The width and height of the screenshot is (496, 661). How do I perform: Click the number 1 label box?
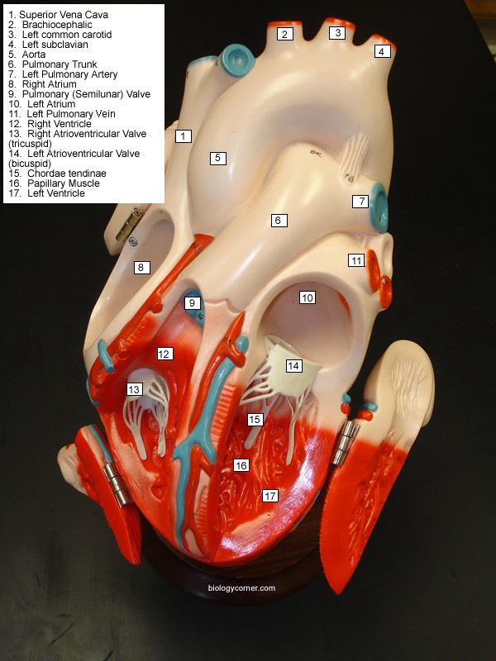[184, 136]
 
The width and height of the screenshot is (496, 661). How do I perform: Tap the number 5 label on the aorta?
[217, 158]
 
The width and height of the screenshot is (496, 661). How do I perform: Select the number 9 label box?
[193, 303]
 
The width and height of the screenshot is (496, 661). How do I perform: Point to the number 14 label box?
[293, 365]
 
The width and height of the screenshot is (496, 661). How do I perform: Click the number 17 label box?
[269, 496]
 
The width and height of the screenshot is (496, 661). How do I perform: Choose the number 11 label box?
[356, 260]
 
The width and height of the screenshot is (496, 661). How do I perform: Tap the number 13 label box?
[134, 388]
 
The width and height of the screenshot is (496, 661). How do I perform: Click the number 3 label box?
[336, 33]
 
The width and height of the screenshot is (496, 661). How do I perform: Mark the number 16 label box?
[241, 465]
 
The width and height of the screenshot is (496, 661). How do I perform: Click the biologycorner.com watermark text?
[242, 589]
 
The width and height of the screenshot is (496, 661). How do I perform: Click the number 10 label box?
[308, 297]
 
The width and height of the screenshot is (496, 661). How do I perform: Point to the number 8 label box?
[141, 267]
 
